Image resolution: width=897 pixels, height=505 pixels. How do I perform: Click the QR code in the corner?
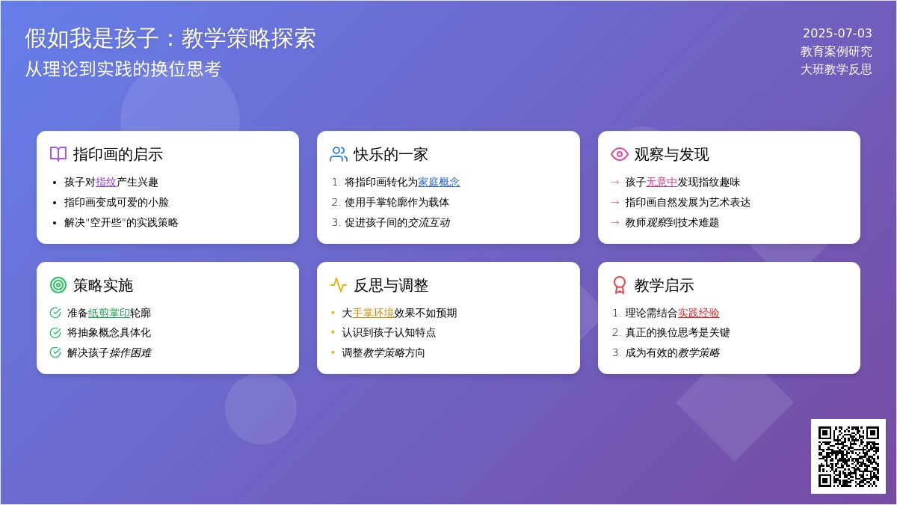click(848, 456)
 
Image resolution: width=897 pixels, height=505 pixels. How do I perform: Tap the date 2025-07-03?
click(837, 33)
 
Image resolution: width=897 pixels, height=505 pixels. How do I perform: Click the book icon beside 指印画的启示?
click(58, 154)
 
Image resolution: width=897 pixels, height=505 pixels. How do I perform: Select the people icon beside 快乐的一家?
click(339, 154)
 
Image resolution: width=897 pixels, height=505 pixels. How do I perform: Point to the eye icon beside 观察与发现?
click(620, 154)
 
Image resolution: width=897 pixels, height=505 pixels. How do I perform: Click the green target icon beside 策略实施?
click(58, 285)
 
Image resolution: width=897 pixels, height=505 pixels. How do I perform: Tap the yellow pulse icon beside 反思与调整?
click(339, 285)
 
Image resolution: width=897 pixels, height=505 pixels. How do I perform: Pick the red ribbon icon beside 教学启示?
click(620, 285)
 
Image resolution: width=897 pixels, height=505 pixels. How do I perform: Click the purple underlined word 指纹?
click(105, 182)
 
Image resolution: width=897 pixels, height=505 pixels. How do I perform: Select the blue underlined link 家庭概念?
click(439, 182)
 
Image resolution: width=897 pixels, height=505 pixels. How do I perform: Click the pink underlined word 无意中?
click(662, 182)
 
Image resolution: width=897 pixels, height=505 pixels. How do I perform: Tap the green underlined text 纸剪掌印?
click(109, 313)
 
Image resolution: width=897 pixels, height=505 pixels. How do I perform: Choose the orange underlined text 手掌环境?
click(373, 313)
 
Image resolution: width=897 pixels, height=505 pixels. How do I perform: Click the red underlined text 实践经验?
click(698, 313)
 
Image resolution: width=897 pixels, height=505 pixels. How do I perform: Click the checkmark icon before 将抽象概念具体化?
click(55, 333)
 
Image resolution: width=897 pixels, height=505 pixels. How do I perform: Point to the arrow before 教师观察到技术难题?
click(615, 222)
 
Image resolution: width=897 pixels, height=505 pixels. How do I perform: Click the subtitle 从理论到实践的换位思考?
click(123, 69)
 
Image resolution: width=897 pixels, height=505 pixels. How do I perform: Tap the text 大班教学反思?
click(836, 70)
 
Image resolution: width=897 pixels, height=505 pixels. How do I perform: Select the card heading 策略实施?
click(103, 285)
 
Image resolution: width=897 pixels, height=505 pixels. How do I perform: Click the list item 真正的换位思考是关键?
click(677, 333)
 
